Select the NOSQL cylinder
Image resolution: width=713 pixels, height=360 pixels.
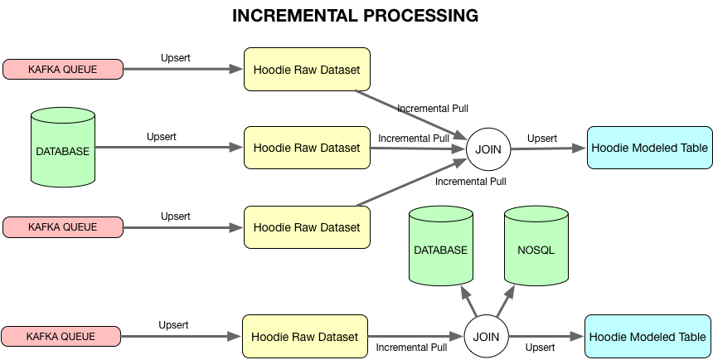click(x=536, y=250)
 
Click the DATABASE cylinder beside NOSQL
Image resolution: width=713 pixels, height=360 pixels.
click(x=440, y=250)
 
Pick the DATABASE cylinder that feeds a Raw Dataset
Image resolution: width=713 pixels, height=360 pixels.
click(x=62, y=150)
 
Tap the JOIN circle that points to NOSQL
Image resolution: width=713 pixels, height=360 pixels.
click(x=485, y=337)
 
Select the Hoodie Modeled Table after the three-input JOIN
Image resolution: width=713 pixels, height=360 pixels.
click(x=649, y=148)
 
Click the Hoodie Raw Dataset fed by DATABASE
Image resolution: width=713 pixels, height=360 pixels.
click(x=307, y=148)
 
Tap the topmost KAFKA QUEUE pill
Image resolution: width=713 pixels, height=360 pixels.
click(x=63, y=70)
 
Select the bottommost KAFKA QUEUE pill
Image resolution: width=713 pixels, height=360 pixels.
click(x=61, y=337)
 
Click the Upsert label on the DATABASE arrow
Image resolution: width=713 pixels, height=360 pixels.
click(x=162, y=136)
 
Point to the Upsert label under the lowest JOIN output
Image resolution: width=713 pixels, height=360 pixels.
click(x=540, y=348)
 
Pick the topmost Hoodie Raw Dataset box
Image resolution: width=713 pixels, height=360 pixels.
click(x=307, y=70)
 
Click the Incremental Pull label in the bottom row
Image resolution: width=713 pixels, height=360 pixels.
click(x=411, y=348)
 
